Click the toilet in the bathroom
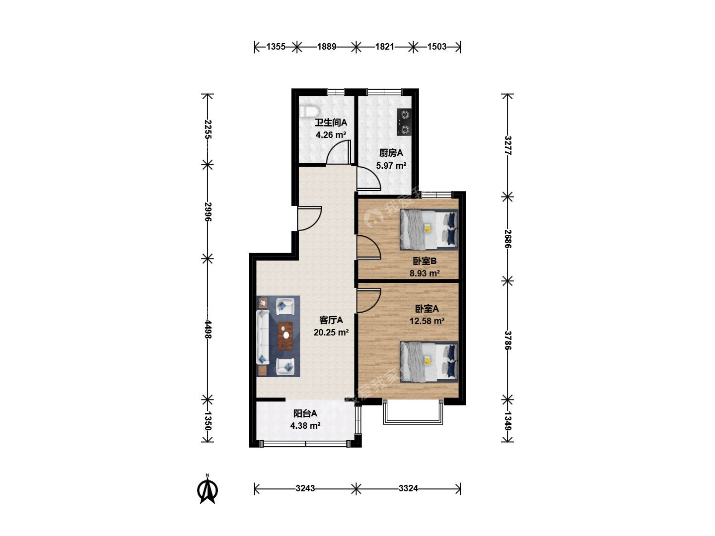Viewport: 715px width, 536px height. pyautogui.click(x=308, y=111)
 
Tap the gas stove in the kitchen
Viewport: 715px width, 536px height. pyautogui.click(x=404, y=122)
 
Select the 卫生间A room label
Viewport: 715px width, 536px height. pyautogui.click(x=331, y=123)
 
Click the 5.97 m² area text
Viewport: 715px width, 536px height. pyautogui.click(x=391, y=165)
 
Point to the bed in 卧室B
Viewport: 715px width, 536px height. pyautogui.click(x=429, y=229)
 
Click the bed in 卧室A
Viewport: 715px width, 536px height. pyautogui.click(x=429, y=362)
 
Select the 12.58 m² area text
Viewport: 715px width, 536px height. pyautogui.click(x=427, y=321)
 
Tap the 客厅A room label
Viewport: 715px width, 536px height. pyautogui.click(x=331, y=320)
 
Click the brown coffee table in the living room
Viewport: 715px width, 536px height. pyautogui.click(x=285, y=336)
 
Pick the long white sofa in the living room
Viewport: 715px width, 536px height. pyautogui.click(x=263, y=337)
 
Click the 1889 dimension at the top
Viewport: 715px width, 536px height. pyautogui.click(x=326, y=47)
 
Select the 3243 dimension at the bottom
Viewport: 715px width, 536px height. pyautogui.click(x=305, y=488)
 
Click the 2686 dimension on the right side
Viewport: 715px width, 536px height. pyautogui.click(x=507, y=239)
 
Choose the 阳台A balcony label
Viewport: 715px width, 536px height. pyautogui.click(x=305, y=413)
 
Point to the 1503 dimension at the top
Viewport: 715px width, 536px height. pyautogui.click(x=436, y=47)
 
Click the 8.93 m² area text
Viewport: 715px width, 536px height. pyautogui.click(x=425, y=273)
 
